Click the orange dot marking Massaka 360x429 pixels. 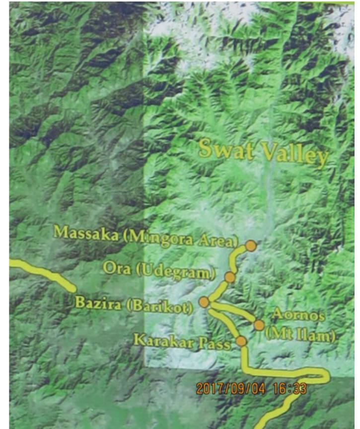tap(251, 245)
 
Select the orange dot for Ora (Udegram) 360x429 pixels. tap(229, 277)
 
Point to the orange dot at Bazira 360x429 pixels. tap(204, 302)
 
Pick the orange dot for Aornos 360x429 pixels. tap(259, 325)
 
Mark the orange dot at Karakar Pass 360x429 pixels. tap(241, 341)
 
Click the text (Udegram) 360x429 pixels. tap(174, 271)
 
